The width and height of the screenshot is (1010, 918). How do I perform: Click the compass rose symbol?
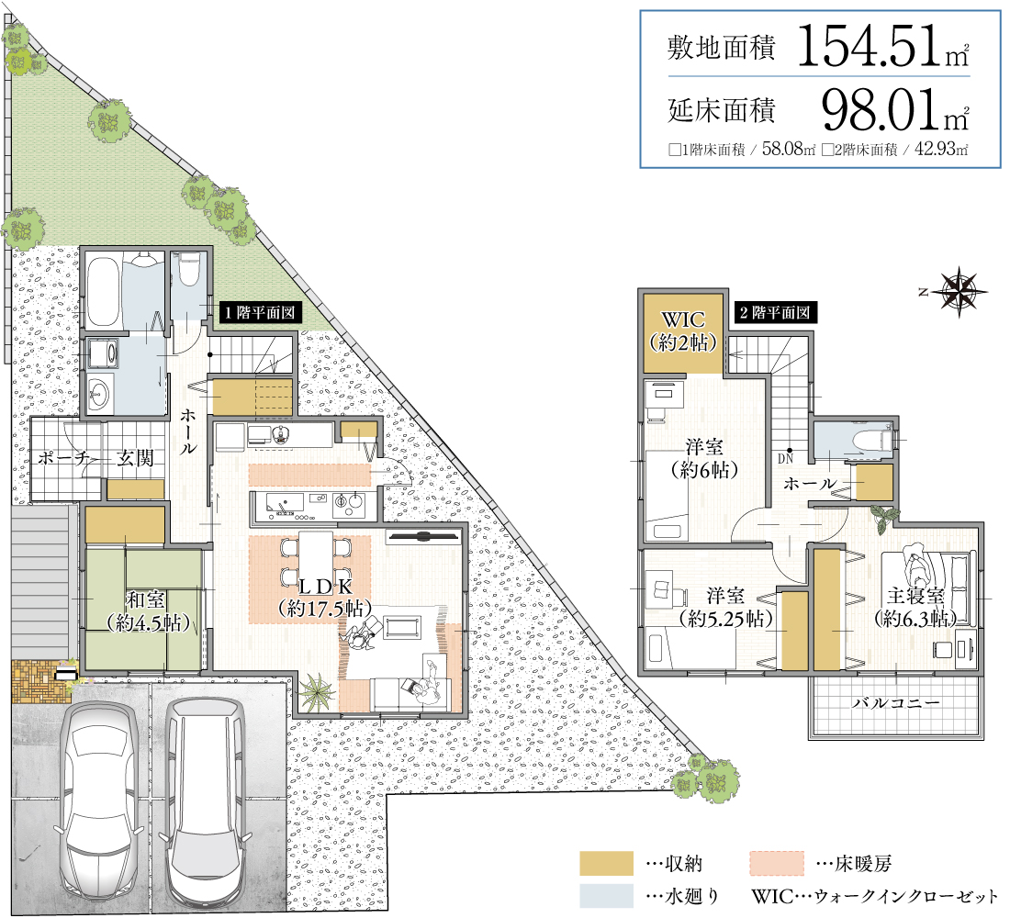point(959,292)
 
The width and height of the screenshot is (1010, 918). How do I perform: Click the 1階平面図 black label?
point(260,313)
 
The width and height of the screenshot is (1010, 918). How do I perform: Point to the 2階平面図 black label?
point(776,313)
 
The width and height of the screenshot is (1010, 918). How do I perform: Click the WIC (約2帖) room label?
point(683,331)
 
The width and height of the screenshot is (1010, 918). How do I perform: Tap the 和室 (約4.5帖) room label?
point(148,610)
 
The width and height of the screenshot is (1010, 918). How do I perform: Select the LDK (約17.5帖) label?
point(325,598)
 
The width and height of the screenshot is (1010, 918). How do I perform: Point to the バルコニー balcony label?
point(896,703)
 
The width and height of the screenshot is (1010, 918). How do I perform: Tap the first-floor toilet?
point(189,269)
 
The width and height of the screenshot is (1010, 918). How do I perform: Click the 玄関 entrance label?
point(135,458)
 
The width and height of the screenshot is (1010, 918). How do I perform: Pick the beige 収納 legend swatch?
point(606,863)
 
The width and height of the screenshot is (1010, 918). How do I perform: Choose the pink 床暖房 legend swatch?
point(777,863)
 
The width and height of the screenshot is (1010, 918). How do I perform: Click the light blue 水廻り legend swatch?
point(606,895)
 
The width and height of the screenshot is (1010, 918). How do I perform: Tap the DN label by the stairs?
point(785,459)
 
